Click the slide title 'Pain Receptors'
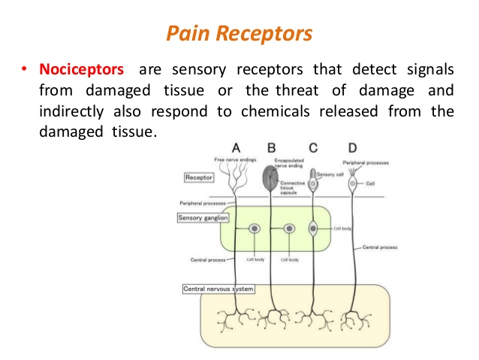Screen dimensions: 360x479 (x=239, y=34)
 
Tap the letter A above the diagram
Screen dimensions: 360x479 (x=236, y=147)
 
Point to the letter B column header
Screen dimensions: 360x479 (x=271, y=147)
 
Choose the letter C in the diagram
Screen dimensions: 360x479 (x=314, y=147)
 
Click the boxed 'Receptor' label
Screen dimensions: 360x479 (x=199, y=177)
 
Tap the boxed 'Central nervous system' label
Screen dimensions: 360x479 (x=218, y=289)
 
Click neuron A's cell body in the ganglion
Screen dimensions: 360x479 (x=255, y=228)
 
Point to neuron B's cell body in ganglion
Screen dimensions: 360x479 (x=289, y=228)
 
